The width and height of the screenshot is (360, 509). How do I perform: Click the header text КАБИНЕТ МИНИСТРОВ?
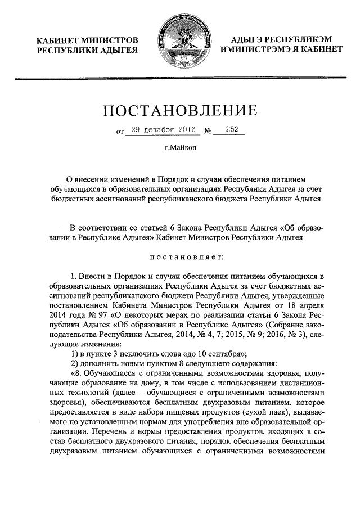(87, 40)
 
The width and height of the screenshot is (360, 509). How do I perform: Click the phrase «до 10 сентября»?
(218, 353)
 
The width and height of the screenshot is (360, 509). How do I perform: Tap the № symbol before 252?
(208, 132)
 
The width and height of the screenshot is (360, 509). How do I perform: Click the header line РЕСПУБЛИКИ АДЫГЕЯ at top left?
(87, 51)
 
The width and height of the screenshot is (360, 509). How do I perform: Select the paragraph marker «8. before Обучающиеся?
(78, 374)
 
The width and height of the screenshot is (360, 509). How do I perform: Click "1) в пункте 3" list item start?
(97, 353)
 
